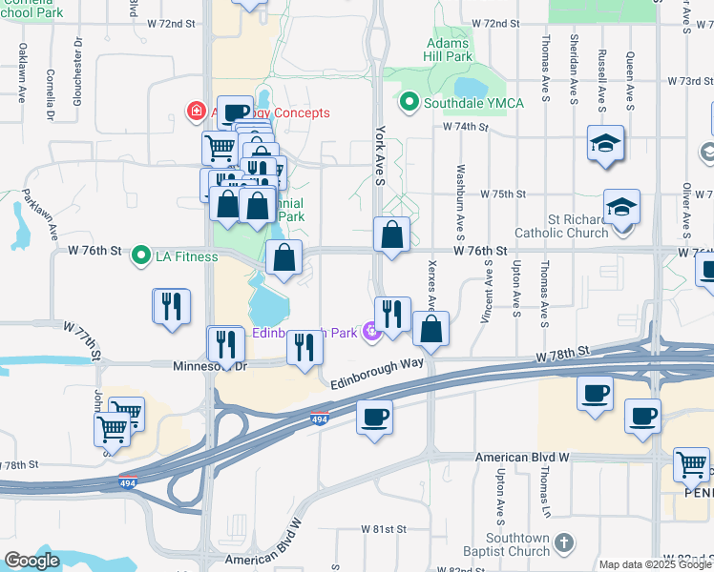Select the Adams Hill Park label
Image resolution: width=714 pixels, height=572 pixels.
[x=449, y=50]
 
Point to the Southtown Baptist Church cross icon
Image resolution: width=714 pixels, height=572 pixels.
[x=563, y=542]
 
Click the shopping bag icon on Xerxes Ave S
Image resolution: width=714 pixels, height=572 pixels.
[x=431, y=329]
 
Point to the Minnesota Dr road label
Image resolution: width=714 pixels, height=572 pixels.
[x=210, y=365]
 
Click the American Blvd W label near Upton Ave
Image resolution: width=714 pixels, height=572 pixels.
[x=522, y=458]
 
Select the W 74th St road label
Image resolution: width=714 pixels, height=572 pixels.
[x=465, y=127]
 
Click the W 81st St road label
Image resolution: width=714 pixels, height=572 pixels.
[x=383, y=528]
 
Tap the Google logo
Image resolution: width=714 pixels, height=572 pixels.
[x=32, y=561]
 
